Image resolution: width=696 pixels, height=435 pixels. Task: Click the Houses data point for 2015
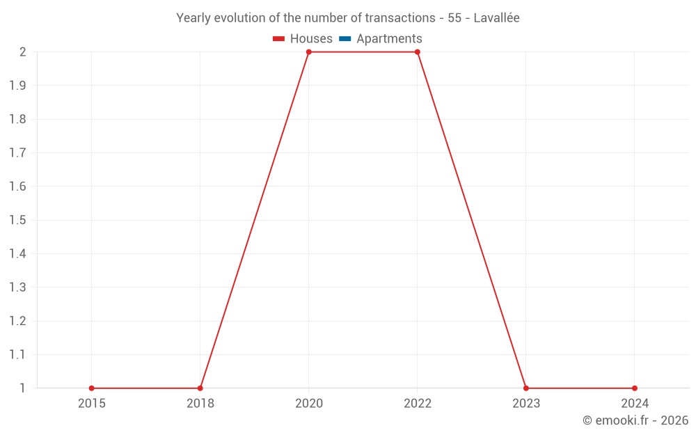coord(91,388)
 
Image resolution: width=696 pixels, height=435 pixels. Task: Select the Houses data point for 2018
coord(200,388)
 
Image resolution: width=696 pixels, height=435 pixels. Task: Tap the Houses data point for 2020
coord(308,52)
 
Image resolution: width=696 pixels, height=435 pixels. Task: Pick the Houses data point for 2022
coord(417,52)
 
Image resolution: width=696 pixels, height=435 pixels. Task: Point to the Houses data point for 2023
coord(525,388)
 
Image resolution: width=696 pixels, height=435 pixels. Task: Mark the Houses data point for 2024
coord(634,388)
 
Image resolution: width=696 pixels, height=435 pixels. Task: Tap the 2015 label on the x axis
coord(91,403)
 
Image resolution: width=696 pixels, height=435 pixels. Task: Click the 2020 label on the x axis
coord(308,403)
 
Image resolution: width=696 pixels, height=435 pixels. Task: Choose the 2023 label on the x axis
coord(525,403)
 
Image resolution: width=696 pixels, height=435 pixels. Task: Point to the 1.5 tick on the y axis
coord(17,220)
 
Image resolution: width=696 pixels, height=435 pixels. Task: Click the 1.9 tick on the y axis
coord(17,86)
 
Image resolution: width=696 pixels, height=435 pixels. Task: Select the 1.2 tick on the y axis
coord(17,321)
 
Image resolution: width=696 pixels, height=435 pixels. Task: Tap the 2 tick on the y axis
coord(22,52)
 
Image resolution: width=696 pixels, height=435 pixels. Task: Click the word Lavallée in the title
coord(496,18)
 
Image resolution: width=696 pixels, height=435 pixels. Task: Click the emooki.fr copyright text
coord(635,420)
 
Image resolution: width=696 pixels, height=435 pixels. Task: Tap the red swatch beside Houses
coord(279,39)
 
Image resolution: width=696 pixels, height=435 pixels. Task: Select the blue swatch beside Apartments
coord(345,39)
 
